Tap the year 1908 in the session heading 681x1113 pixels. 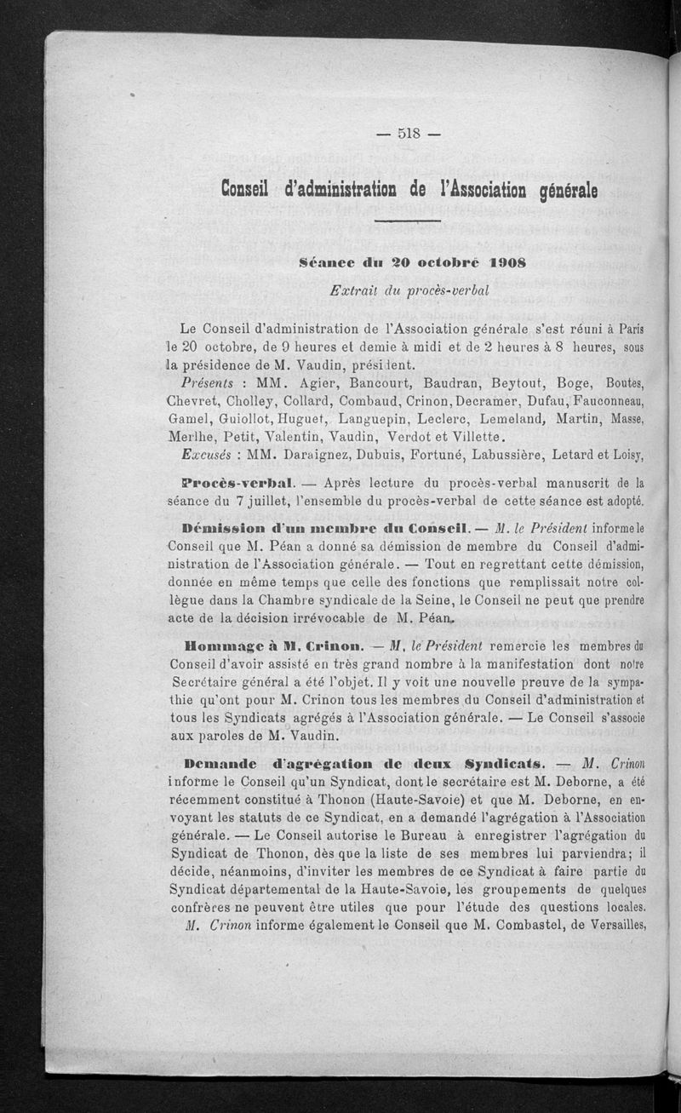pyautogui.click(x=501, y=263)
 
